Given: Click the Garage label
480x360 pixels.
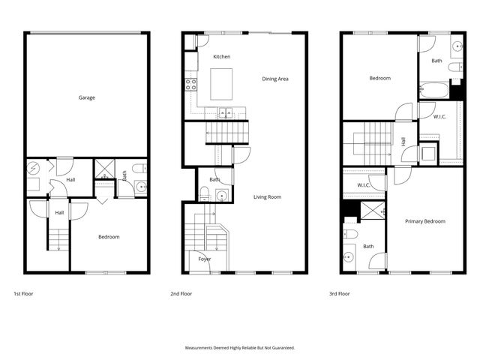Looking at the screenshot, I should [x=87, y=97].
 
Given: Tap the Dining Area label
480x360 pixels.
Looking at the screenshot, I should [x=275, y=79].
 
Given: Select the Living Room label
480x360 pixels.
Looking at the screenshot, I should [x=267, y=196].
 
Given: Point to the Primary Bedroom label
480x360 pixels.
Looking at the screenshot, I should [x=425, y=221].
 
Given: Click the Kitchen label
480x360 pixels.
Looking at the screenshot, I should [x=221, y=57].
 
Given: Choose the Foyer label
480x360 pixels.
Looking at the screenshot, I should [x=205, y=259].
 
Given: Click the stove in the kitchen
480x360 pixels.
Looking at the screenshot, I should [x=191, y=83].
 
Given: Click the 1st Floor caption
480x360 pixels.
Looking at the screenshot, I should [x=23, y=294].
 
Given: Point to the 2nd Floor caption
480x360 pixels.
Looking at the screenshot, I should [x=181, y=294].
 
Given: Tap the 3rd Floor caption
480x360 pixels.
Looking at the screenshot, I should [x=340, y=294].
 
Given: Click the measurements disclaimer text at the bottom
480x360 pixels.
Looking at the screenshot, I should [x=240, y=348].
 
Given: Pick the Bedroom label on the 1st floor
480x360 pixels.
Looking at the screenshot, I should [x=109, y=237].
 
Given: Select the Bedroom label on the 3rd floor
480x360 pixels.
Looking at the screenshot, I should [x=379, y=78].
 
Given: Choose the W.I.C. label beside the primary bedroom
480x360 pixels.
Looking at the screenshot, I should [x=364, y=184].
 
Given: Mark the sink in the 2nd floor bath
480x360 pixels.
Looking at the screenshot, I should [x=220, y=195].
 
